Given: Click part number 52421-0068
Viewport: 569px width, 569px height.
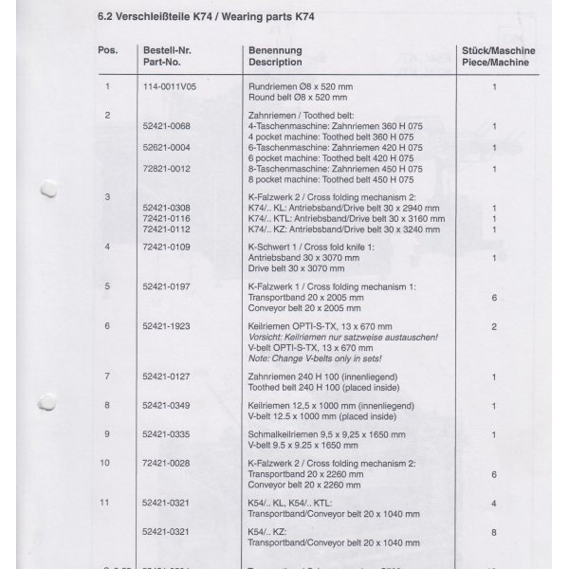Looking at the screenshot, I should coord(166,126).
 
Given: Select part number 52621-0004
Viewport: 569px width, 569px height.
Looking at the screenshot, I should coord(166,148).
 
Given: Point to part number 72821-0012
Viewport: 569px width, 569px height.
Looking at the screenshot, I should coord(166,169).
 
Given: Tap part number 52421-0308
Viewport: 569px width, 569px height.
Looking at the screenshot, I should coord(166,208).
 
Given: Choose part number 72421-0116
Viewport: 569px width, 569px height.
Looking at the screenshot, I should coord(166,218).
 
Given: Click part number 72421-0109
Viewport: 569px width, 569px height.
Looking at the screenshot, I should coord(166,247).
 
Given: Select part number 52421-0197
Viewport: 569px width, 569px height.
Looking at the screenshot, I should coord(166,285).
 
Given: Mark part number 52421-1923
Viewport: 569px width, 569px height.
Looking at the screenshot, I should coord(166,325).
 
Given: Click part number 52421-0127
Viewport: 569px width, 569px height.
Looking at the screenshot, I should coord(166,376).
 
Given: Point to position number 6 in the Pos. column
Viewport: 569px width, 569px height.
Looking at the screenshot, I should coord(108,325).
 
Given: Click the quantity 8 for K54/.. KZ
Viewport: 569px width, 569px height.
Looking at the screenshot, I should coord(494,532).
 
